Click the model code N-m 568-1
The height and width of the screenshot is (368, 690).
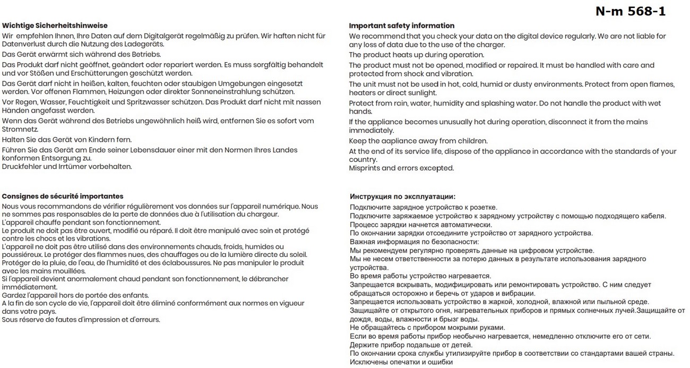(630, 11)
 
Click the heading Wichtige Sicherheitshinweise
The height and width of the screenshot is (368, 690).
(55, 25)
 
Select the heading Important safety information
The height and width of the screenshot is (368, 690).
(401, 25)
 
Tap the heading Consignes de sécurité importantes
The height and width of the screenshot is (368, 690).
(63, 196)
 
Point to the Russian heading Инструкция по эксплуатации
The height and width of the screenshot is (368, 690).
(402, 196)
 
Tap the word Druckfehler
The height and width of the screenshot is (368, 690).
(22, 166)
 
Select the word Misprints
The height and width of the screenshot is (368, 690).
(364, 168)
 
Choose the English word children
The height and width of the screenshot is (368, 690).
(471, 141)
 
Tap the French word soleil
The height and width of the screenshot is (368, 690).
(297, 255)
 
